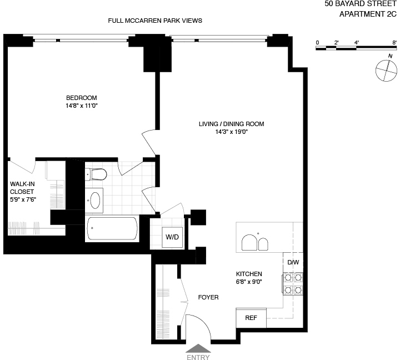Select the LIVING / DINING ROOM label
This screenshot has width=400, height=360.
pyautogui.click(x=232, y=124)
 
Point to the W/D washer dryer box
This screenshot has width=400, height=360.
pyautogui.click(x=172, y=237)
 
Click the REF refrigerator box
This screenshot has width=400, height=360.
pyautogui.click(x=251, y=318)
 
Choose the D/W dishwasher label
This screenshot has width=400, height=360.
pyautogui.click(x=292, y=262)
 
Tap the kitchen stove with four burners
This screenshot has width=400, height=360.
pyautogui.click(x=293, y=283)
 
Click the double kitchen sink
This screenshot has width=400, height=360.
pyautogui.click(x=255, y=243)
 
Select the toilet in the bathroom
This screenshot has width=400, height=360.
pyautogui.click(x=96, y=175)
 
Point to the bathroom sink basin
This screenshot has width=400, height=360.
pyautogui.click(x=96, y=199)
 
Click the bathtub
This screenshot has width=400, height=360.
pyautogui.click(x=112, y=228)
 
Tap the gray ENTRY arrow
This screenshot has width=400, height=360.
pyautogui.click(x=198, y=348)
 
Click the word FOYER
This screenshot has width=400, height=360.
pyautogui.click(x=208, y=297)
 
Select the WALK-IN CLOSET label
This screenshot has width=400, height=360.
pyautogui.click(x=22, y=191)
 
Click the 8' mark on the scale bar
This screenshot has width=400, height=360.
pyautogui.click(x=394, y=42)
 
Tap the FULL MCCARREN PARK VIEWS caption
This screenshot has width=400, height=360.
pyautogui.click(x=155, y=21)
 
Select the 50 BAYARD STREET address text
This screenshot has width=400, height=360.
pyautogui.click(x=362, y=4)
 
